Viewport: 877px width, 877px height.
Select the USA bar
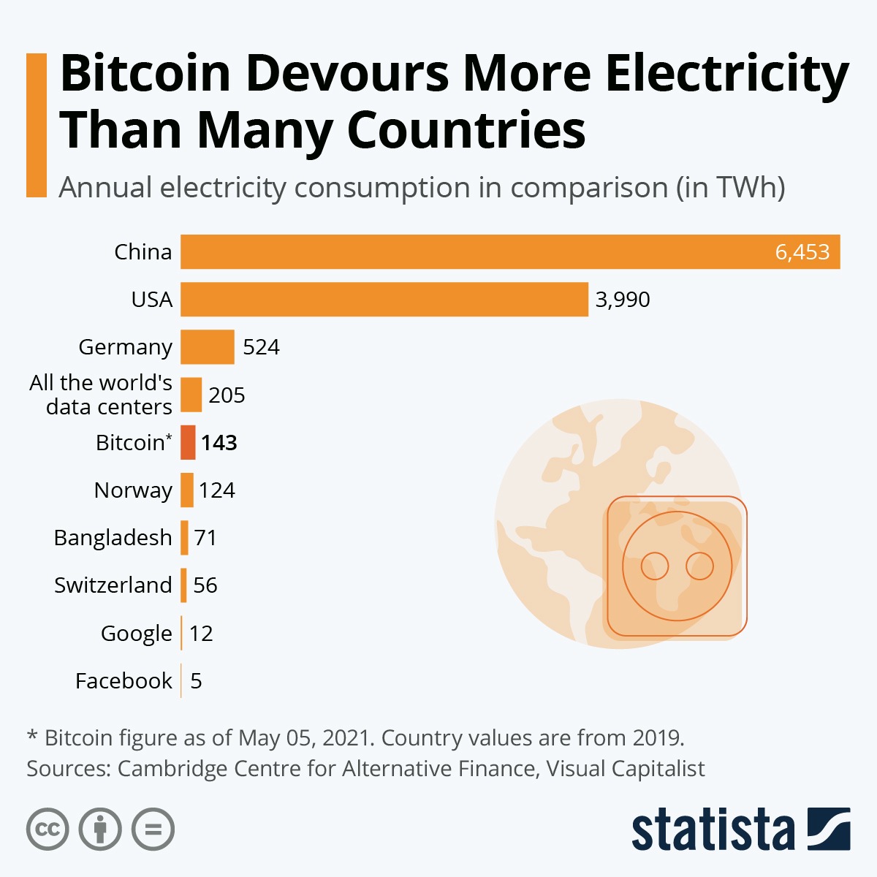[384, 299]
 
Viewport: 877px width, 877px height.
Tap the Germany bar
[208, 346]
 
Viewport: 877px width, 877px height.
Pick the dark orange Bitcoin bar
[188, 442]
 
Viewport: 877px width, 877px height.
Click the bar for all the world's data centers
[191, 395]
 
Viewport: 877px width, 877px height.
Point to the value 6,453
[802, 252]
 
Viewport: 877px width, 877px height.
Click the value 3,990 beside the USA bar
[622, 300]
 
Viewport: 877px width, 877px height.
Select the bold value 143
[219, 443]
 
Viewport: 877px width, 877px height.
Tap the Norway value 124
[217, 490]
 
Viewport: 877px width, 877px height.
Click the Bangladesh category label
[113, 538]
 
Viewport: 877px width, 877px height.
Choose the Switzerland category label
[113, 585]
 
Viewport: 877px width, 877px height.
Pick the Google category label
[137, 634]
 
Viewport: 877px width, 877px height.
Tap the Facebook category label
[124, 681]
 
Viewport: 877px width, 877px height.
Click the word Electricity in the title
[727, 75]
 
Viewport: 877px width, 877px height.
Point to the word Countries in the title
[466, 130]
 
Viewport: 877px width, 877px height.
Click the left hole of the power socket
[654, 566]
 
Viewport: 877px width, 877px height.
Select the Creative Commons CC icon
[48, 829]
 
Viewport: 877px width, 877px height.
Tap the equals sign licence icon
[153, 829]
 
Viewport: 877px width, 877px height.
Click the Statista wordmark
[713, 829]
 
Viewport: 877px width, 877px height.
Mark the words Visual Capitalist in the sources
[626, 769]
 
